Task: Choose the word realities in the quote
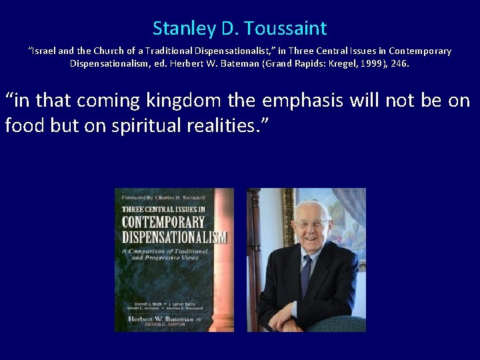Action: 223,125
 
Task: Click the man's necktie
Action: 306,267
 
